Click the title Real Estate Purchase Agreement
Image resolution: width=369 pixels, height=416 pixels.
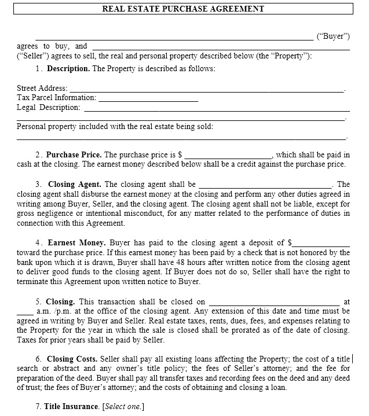coord(183,9)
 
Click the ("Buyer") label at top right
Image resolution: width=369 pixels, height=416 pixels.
coord(333,36)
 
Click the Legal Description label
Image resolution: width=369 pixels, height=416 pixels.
coord(48,108)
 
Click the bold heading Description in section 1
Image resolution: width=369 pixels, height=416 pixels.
coord(68,69)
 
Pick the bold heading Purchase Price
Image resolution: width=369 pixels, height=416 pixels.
coord(74,155)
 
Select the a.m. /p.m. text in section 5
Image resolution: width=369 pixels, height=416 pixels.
coord(49,311)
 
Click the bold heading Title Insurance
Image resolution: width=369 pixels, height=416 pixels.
coord(72,407)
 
